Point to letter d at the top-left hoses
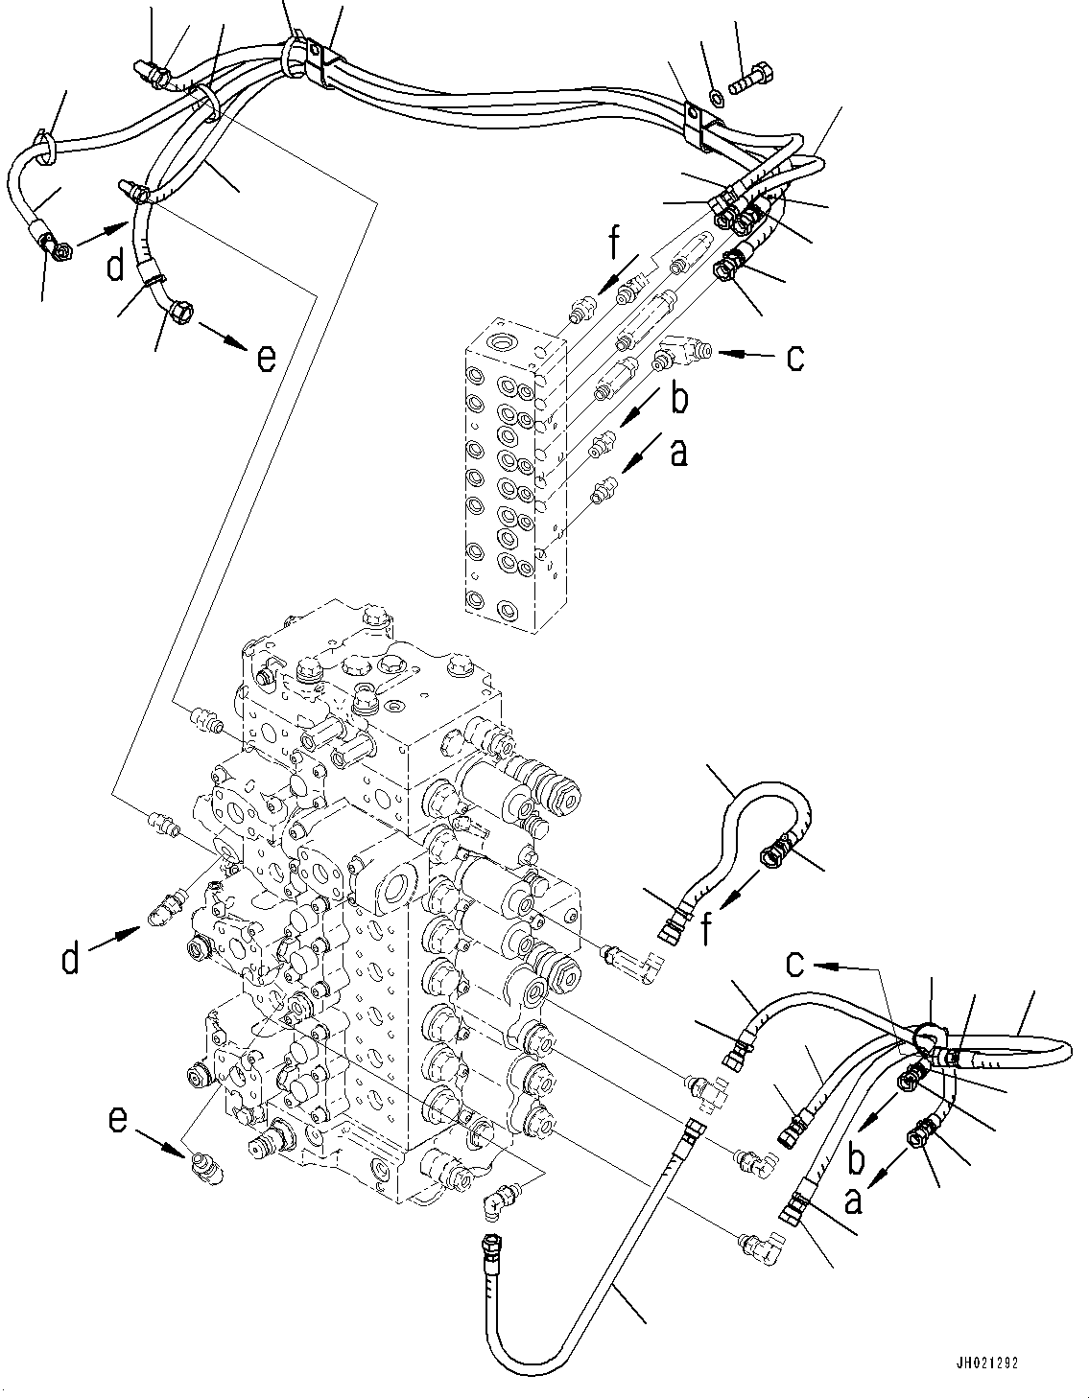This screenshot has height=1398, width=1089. [x=115, y=264]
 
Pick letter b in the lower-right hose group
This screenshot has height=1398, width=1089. [x=857, y=1159]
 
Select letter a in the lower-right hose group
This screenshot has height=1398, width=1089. [x=851, y=1199]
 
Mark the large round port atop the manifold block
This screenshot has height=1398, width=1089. [x=503, y=342]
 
